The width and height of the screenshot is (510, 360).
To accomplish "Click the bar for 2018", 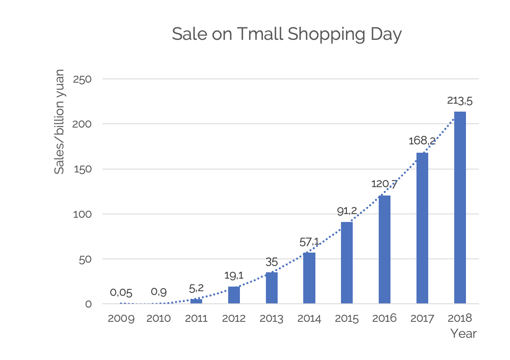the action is click(460, 207).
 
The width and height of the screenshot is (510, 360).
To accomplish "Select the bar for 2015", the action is click(347, 263).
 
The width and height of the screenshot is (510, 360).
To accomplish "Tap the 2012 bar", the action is click(234, 295).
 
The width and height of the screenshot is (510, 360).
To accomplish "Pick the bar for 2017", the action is click(422, 228).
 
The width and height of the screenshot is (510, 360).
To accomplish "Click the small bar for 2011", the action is click(196, 301).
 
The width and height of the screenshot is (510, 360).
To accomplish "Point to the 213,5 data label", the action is click(460, 101).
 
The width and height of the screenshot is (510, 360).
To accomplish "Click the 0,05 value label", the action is click(121, 293).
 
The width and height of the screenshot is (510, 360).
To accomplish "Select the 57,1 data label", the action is click(309, 242).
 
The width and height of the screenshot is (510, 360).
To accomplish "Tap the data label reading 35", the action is click(272, 262).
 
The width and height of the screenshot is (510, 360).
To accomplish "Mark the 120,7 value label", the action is click(384, 184).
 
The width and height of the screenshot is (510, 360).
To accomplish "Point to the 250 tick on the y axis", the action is click(82, 79).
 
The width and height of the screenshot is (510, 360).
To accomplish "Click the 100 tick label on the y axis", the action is click(82, 214).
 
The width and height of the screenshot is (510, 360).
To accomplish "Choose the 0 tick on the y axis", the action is click(88, 304).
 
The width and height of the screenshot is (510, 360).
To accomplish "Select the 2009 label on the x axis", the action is click(121, 318).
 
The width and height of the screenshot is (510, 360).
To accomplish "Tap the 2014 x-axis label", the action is click(309, 318).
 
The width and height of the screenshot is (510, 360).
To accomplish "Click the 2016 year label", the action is click(384, 318).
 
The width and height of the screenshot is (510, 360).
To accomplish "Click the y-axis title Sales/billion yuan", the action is click(59, 122).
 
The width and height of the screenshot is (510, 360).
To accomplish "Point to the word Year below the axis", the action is click(463, 334).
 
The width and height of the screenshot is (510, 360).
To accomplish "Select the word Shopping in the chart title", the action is click(326, 34).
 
